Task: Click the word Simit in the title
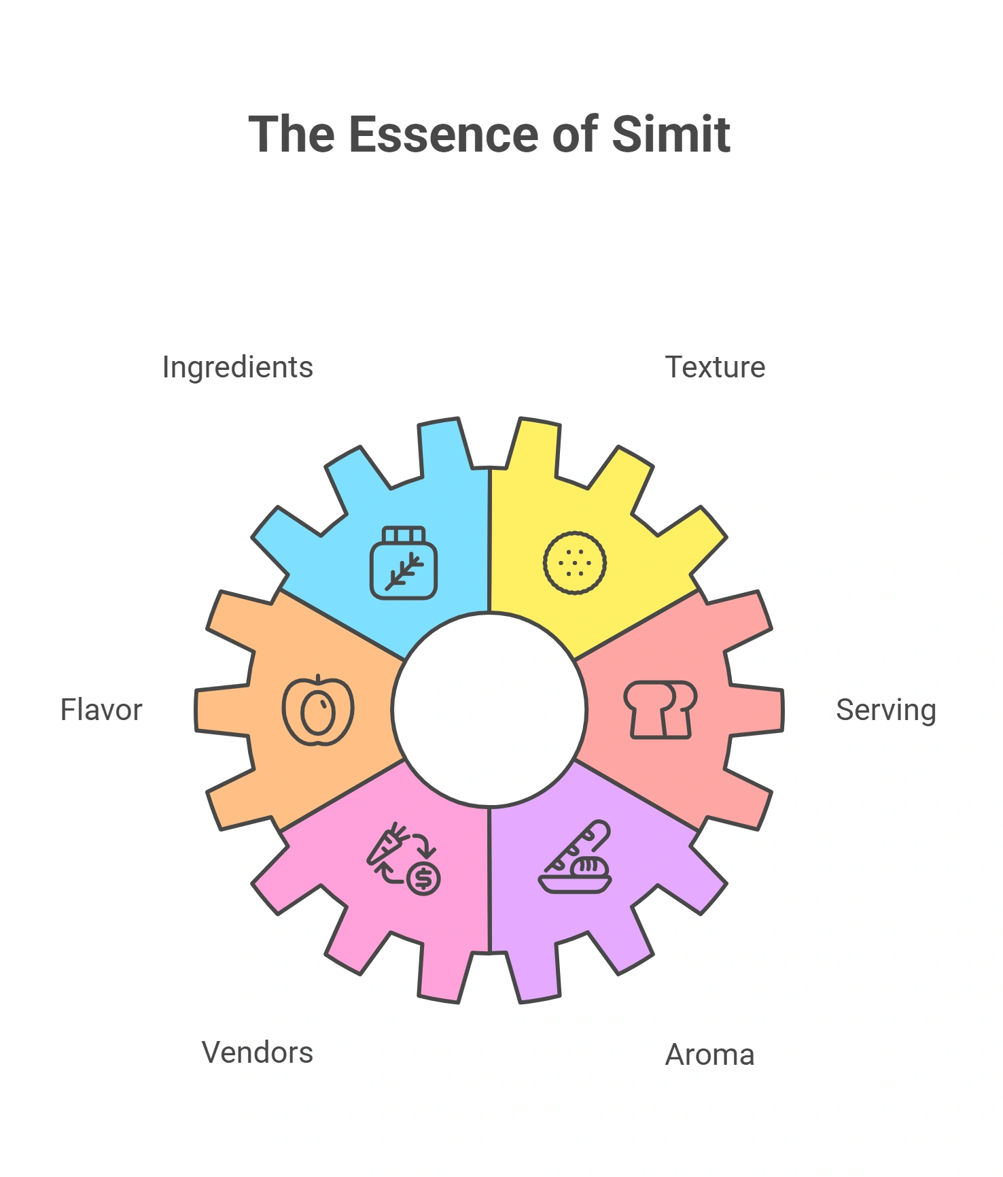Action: click(x=671, y=134)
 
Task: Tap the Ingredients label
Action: click(x=238, y=368)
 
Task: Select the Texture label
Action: click(x=715, y=367)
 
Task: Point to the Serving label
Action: click(x=886, y=711)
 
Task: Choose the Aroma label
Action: click(x=709, y=1055)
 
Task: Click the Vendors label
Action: click(x=258, y=1053)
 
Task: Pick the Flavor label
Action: click(x=101, y=710)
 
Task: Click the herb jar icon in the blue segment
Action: click(x=404, y=563)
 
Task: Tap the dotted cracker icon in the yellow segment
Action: click(x=575, y=563)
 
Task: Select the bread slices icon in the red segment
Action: click(x=661, y=710)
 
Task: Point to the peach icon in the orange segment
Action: click(x=318, y=710)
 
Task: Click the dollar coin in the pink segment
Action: click(x=423, y=878)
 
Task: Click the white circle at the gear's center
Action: click(x=489, y=710)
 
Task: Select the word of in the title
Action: click(x=575, y=134)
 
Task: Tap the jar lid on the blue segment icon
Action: click(x=404, y=535)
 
